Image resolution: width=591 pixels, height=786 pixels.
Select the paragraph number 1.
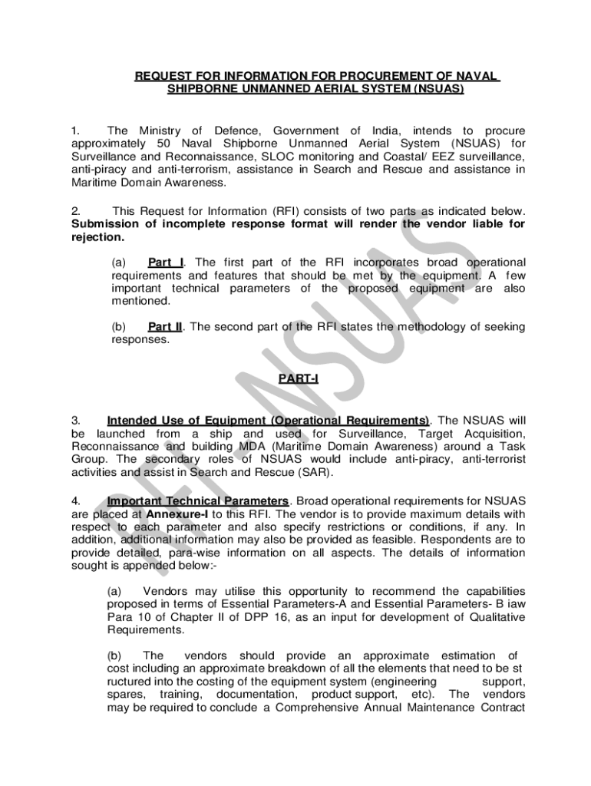[75, 130]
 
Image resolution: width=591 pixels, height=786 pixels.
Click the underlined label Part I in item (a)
[166, 263]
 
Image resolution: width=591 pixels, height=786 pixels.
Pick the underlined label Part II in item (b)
[166, 326]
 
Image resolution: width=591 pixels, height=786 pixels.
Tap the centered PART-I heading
[295, 379]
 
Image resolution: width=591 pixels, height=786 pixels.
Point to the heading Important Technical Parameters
[199, 500]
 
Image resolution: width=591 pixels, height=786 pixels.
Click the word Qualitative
[492, 617]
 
